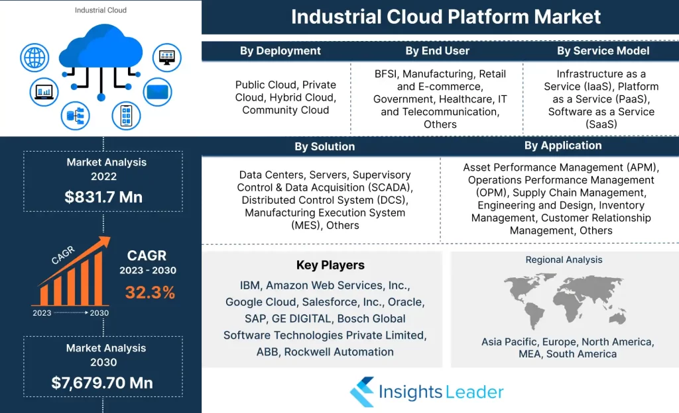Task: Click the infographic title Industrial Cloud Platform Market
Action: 446,17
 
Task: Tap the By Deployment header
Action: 280,51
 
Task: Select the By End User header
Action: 438,51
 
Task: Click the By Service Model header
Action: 603,51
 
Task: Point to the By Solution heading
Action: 325,146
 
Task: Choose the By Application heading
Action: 563,146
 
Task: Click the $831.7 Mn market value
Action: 103,197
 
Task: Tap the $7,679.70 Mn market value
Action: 102,383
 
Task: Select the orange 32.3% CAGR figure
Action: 151,293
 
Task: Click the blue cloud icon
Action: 101,46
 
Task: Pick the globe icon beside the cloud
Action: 34,58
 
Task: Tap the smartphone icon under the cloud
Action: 126,116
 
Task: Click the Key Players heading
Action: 330,265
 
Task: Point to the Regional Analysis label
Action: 564,259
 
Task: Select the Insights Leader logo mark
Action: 362,392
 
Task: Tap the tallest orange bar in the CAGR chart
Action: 99,278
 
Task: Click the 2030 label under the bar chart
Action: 99,313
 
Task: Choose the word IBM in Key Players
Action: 250,285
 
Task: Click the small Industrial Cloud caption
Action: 101,10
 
